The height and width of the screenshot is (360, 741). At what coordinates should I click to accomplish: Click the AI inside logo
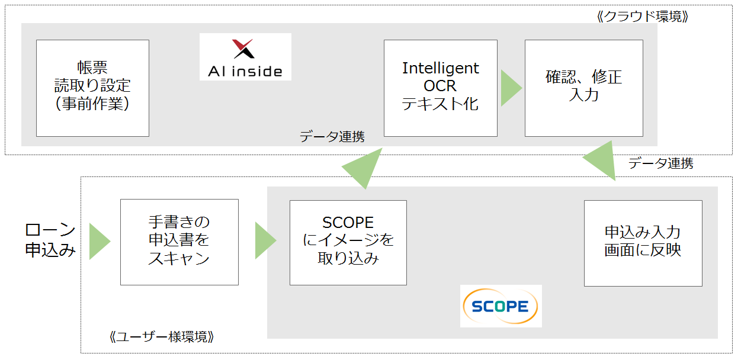pyautogui.click(x=245, y=57)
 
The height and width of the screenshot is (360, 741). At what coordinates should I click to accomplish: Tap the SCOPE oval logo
pyautogui.click(x=501, y=306)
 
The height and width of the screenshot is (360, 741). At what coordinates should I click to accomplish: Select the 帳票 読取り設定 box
pyautogui.click(x=92, y=88)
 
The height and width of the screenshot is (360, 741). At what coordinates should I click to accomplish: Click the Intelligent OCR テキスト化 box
pyautogui.click(x=440, y=88)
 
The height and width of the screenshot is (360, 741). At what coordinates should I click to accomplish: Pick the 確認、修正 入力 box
pyautogui.click(x=584, y=88)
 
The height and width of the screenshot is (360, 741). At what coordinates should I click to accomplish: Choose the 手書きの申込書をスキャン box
pyautogui.click(x=179, y=242)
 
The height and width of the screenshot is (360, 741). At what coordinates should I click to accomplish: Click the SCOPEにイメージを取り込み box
pyautogui.click(x=348, y=243)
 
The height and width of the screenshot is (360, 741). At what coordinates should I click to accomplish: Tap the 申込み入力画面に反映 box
pyautogui.click(x=643, y=243)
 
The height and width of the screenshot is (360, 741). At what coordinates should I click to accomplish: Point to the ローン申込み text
pyautogui.click(x=50, y=240)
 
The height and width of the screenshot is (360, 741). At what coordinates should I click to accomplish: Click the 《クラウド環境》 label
pyautogui.click(x=643, y=16)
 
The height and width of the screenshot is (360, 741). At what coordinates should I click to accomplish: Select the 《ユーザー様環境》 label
pyautogui.click(x=162, y=337)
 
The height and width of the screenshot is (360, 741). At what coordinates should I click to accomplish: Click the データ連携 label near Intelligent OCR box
pyautogui.click(x=332, y=137)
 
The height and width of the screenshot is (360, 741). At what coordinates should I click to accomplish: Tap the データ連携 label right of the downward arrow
pyautogui.click(x=660, y=163)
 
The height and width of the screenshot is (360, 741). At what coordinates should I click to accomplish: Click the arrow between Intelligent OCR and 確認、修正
pyautogui.click(x=511, y=88)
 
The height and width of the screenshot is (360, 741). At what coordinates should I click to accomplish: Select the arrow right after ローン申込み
pyautogui.click(x=100, y=242)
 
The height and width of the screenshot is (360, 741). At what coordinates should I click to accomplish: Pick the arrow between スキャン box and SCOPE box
pyautogui.click(x=265, y=240)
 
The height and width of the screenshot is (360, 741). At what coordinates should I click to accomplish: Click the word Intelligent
pyautogui.click(x=440, y=69)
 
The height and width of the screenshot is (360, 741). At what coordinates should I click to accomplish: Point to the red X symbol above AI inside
pyautogui.click(x=243, y=49)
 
